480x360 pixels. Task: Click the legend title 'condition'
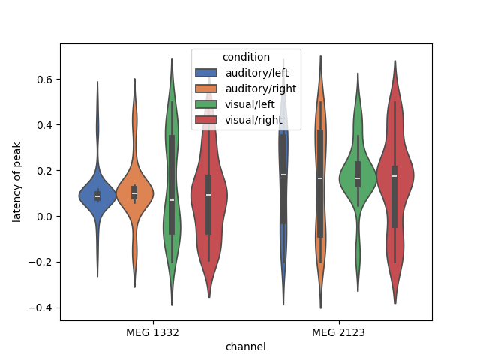click(x=246, y=58)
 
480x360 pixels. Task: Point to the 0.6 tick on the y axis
click(x=45, y=79)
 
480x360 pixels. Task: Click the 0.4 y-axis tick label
click(x=45, y=125)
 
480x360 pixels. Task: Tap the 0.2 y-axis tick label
click(x=45, y=171)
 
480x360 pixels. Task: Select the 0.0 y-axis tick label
click(x=45, y=217)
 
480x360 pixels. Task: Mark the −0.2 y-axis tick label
click(x=42, y=262)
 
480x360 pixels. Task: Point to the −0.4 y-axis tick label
click(x=42, y=308)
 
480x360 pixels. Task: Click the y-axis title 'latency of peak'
click(x=17, y=183)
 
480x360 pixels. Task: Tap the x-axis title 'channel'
click(x=245, y=346)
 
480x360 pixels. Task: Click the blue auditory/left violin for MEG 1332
click(x=97, y=196)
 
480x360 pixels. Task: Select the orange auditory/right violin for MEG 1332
click(x=134, y=196)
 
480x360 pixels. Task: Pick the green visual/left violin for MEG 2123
click(x=357, y=180)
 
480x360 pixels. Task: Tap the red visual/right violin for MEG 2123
click(x=394, y=180)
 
